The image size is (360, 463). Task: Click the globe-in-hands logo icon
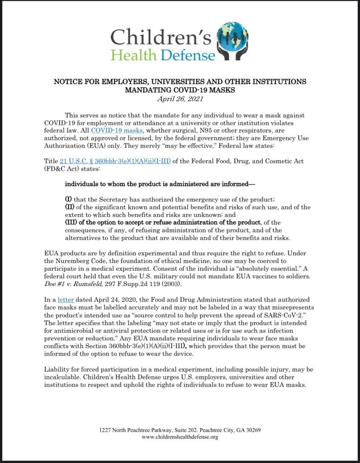(x=232, y=41)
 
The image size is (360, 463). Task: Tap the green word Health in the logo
(x=133, y=55)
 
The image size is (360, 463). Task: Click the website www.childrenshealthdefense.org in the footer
(x=180, y=437)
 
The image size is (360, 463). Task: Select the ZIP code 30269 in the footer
(x=252, y=430)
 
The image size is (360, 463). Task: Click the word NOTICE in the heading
(x=69, y=82)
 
